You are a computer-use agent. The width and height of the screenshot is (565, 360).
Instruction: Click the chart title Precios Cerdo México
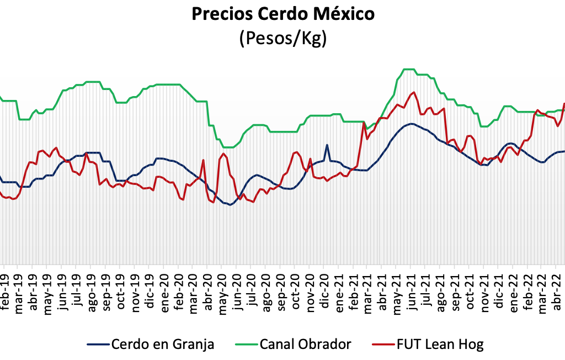pos(282,15)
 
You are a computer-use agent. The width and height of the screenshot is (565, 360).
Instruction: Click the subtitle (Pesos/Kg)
pos(282,39)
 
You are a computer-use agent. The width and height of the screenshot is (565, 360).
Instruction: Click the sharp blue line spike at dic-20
pos(327,145)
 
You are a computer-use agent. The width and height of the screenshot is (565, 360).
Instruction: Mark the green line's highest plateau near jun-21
pos(409,69)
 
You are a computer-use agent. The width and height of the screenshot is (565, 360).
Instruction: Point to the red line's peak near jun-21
pos(414,92)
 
